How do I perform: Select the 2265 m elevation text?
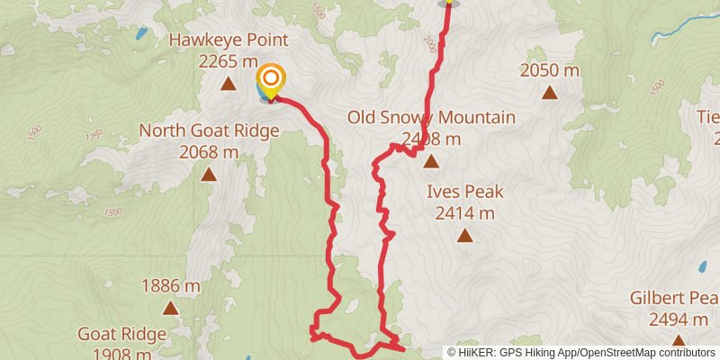click(229, 61)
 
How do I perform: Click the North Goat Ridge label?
click(209, 131)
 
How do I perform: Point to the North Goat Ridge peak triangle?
click(209, 175)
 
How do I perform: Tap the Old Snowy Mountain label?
click(432, 118)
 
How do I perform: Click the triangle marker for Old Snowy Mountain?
click(431, 163)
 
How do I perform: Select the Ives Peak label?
click(465, 192)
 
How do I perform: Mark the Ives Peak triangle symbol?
click(464, 236)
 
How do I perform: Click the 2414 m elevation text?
click(465, 213)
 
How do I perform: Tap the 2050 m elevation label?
click(549, 70)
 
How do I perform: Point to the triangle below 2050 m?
click(549, 92)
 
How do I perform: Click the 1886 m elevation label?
click(171, 287)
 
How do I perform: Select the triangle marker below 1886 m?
click(171, 309)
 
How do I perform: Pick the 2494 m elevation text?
click(679, 319)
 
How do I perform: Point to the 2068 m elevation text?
click(209, 153)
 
